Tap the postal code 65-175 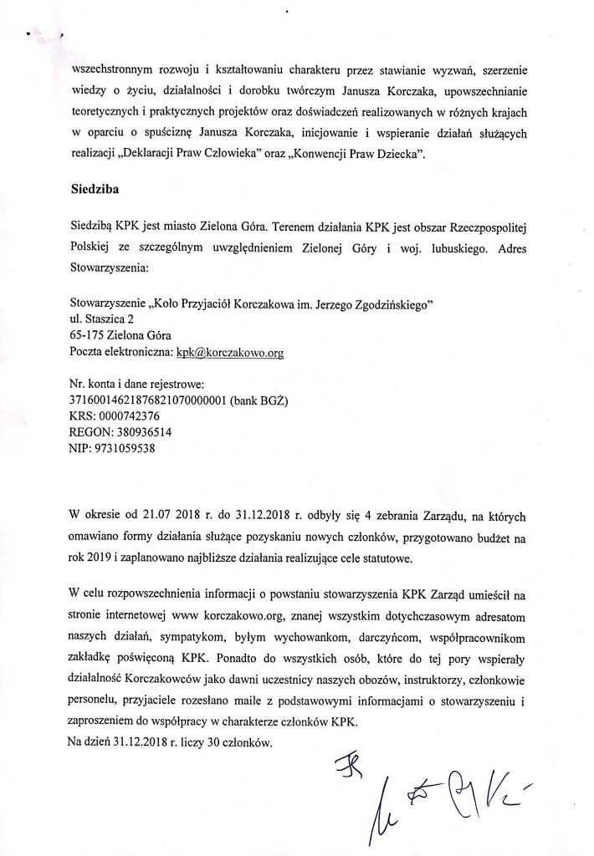point(89,337)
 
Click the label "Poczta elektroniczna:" point(121,354)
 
